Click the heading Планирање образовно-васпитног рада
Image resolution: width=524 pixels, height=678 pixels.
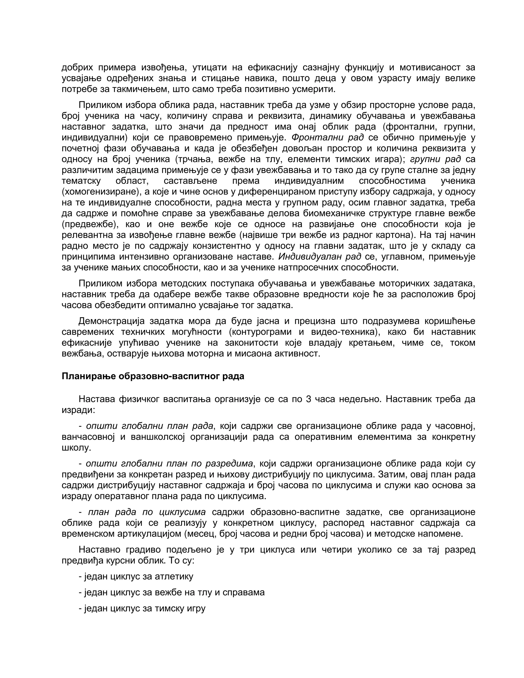coord(153,376)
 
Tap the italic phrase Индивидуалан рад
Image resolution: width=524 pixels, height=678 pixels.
coord(320,257)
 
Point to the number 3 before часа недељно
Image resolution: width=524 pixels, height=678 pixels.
coord(308,399)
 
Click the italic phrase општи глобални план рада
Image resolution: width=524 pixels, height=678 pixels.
coord(150,426)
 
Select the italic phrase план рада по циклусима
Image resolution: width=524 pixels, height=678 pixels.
coord(147,512)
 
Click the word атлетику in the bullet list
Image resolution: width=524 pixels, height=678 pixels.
coord(174,576)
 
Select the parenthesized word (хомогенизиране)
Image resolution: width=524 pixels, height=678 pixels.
coord(99,192)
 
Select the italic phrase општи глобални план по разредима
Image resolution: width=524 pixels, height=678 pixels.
coord(169,464)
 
